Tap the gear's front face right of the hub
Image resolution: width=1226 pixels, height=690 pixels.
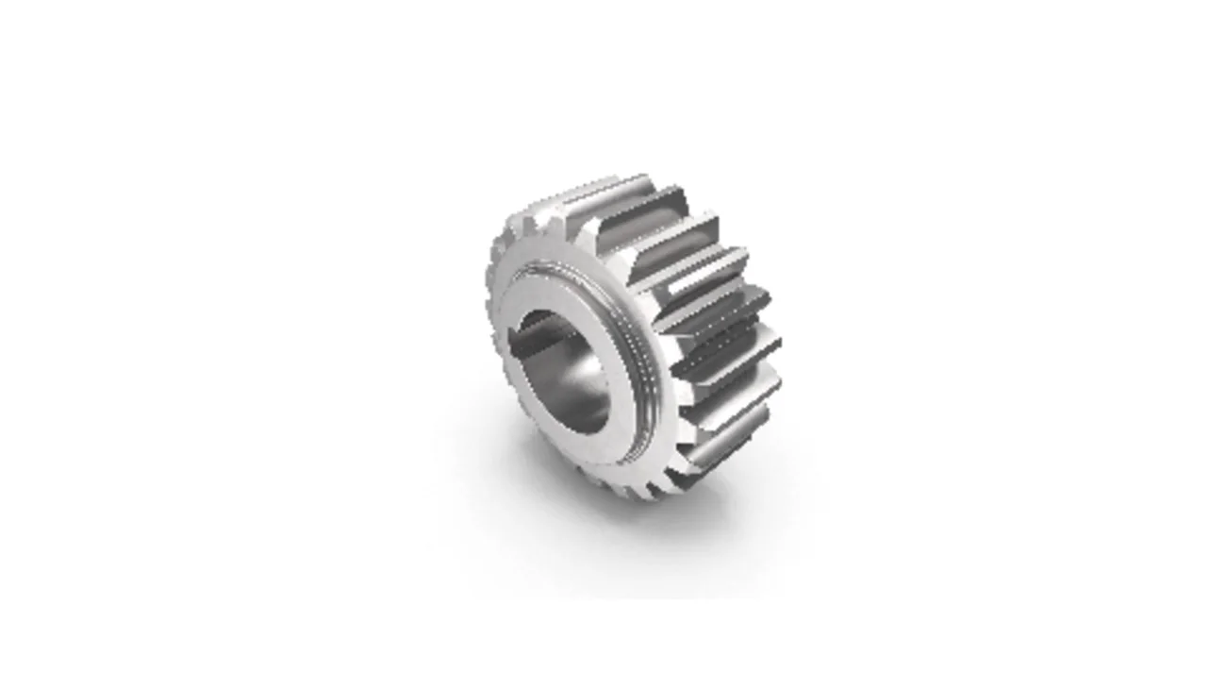click(660, 396)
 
